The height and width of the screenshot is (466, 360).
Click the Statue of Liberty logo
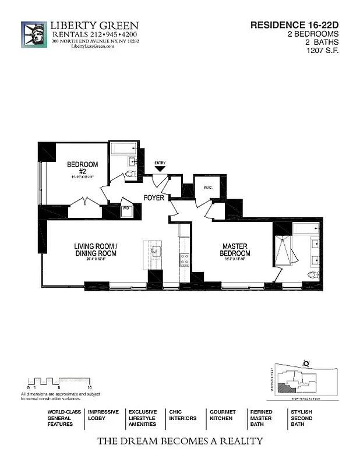(x=34, y=35)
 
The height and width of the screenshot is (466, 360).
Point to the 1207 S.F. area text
(x=323, y=51)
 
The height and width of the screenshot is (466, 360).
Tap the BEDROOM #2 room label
(x=82, y=168)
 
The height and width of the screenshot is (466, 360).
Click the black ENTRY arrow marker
(x=160, y=169)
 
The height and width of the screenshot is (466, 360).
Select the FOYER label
(x=155, y=198)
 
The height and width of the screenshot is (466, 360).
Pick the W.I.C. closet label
(x=209, y=188)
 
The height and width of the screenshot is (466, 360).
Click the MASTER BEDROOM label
(x=235, y=250)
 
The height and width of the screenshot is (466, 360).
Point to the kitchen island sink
(x=156, y=251)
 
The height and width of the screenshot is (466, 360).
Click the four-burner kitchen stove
(x=184, y=259)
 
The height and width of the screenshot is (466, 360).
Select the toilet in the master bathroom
(x=313, y=275)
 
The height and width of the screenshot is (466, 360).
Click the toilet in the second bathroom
(x=129, y=173)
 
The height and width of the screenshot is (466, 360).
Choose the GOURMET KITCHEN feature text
(x=222, y=415)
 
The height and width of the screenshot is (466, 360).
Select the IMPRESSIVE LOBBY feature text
(x=103, y=415)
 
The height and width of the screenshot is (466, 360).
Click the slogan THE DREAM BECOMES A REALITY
(x=179, y=441)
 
